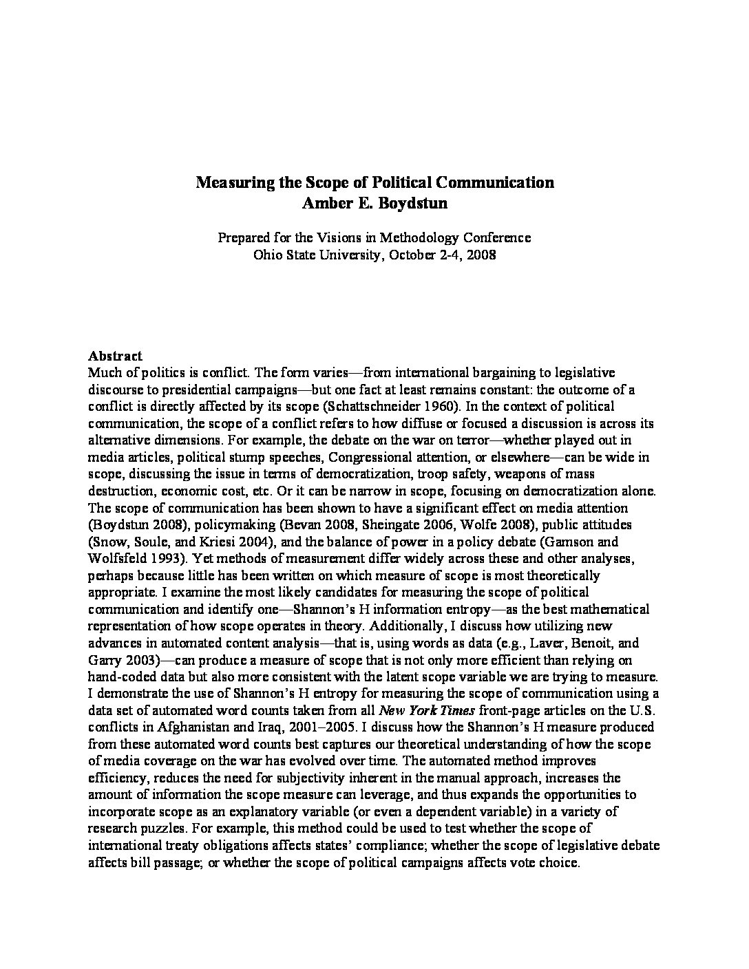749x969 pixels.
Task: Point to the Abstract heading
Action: (115, 356)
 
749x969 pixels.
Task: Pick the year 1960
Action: (440, 407)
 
